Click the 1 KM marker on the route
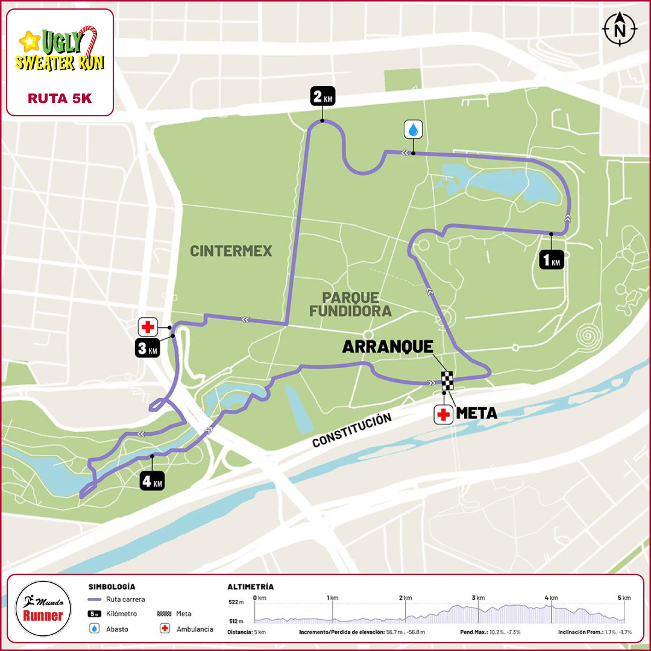pyautogui.click(x=551, y=259)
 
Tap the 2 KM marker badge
pyautogui.click(x=322, y=96)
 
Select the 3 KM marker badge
pyautogui.click(x=146, y=348)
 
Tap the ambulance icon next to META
pyautogui.click(x=444, y=415)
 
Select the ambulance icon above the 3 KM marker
pyautogui.click(x=148, y=327)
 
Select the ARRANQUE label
pyautogui.click(x=388, y=347)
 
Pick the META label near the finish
pyautogui.click(x=476, y=414)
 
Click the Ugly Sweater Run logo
pyautogui.click(x=60, y=49)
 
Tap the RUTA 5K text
pyautogui.click(x=60, y=99)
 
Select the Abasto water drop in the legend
pyautogui.click(x=94, y=629)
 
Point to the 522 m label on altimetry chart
pyautogui.click(x=236, y=602)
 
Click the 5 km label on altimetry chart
pyautogui.click(x=623, y=597)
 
